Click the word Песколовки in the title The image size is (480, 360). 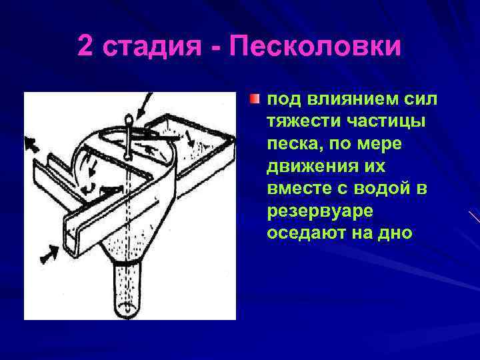click(x=315, y=46)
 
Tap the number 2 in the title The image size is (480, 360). click(x=85, y=46)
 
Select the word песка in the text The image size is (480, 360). click(x=291, y=145)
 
